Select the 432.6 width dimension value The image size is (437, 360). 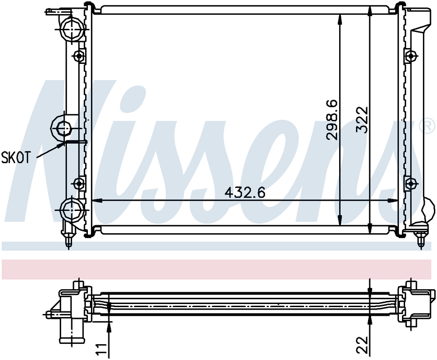click(245, 192)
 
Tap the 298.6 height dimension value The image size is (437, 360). click(333, 119)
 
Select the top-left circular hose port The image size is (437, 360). click(71, 29)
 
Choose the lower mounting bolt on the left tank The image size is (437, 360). click(79, 183)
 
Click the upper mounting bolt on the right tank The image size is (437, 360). click(410, 56)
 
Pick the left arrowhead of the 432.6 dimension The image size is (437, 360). click(95, 201)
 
